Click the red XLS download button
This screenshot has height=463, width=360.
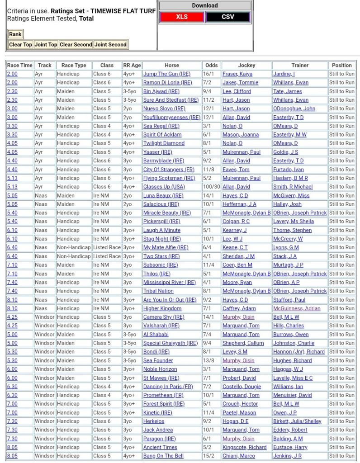coord(182,17)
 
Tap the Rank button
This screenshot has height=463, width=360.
coord(15,34)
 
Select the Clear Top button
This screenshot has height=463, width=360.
coord(21,45)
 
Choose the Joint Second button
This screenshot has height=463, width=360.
coord(111,45)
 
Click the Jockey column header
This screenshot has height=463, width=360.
coord(246,65)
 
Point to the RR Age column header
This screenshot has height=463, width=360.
coord(132,65)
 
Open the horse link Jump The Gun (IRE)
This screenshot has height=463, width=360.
coord(166,74)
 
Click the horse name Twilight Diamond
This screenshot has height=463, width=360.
coord(164,143)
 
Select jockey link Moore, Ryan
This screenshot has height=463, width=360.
coord(237,283)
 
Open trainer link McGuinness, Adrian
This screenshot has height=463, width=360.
coord(297,308)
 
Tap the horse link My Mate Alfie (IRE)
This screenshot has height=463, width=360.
coord(166,248)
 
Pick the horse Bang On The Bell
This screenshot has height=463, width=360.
coord(163,456)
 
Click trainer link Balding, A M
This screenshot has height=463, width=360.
coord(288,439)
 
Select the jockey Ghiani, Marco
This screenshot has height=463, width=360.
coord(238,456)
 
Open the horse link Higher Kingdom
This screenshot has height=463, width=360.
coord(162,308)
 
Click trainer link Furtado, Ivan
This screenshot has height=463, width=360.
coord(288,170)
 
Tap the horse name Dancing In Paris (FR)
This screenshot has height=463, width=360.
coord(168,387)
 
